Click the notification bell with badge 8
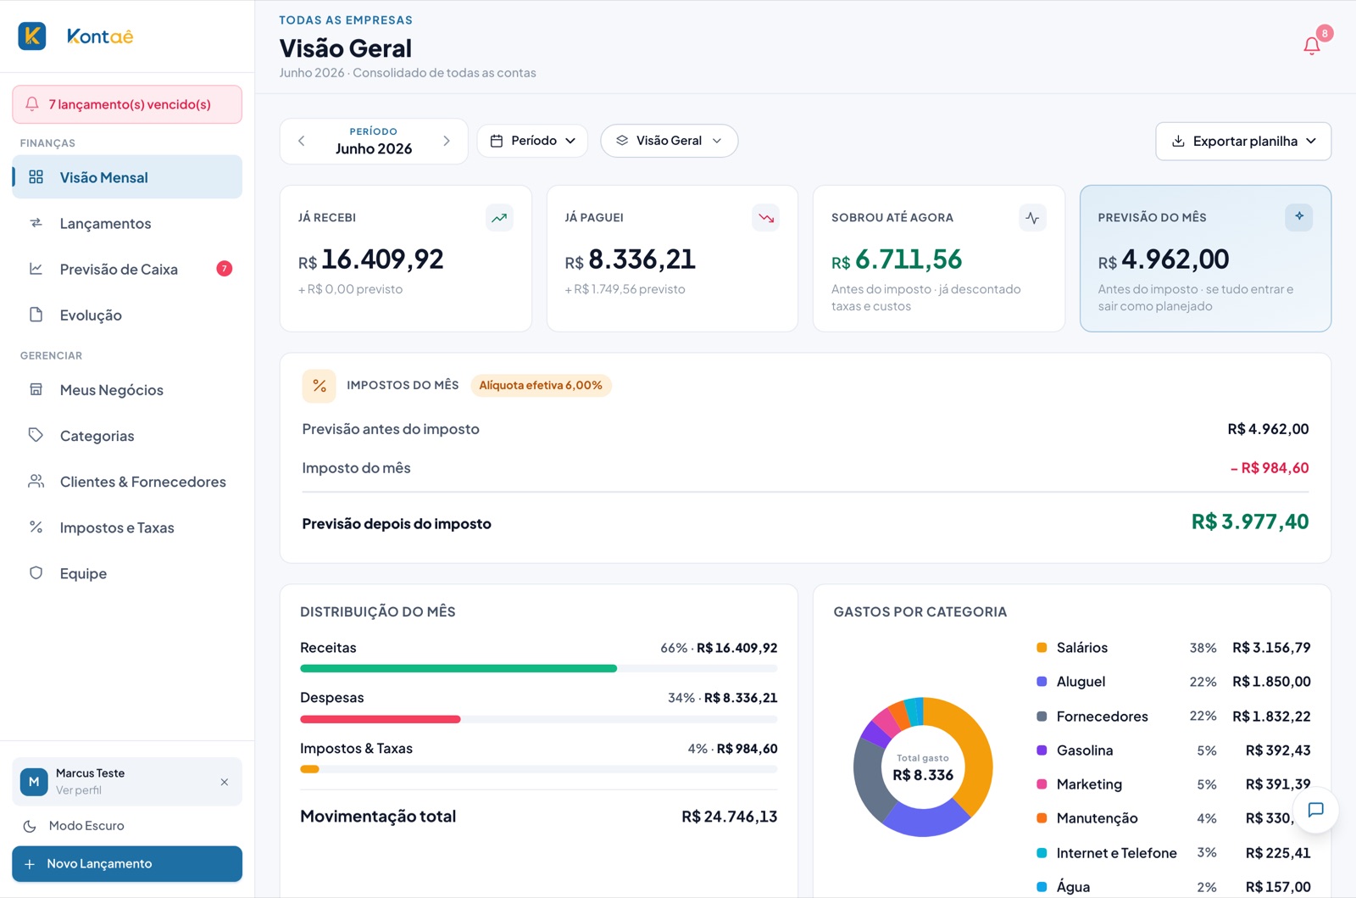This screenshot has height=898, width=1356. (1312, 46)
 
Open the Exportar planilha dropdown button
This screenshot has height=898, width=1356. (1243, 141)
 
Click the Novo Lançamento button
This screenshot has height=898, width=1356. (127, 863)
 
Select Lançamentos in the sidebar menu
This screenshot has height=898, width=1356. (105, 224)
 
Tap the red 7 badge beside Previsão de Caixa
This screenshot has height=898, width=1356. (224, 268)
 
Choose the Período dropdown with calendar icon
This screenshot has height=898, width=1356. (532, 141)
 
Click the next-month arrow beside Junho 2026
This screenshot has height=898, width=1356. (447, 141)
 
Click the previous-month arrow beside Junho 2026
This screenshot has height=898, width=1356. (302, 141)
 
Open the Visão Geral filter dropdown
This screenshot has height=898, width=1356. (669, 141)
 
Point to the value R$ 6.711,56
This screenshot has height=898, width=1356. (897, 259)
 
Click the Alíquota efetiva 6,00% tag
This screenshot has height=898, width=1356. (541, 385)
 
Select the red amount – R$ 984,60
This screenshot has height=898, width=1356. (1270, 468)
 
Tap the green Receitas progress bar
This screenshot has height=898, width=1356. (458, 668)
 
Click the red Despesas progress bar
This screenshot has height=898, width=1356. (381, 719)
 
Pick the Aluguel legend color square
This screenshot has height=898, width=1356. (1042, 681)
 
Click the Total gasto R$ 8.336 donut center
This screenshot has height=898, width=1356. (923, 767)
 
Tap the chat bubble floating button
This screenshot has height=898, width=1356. (1315, 810)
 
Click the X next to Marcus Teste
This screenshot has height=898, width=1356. (225, 782)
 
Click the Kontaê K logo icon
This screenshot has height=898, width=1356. (32, 36)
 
